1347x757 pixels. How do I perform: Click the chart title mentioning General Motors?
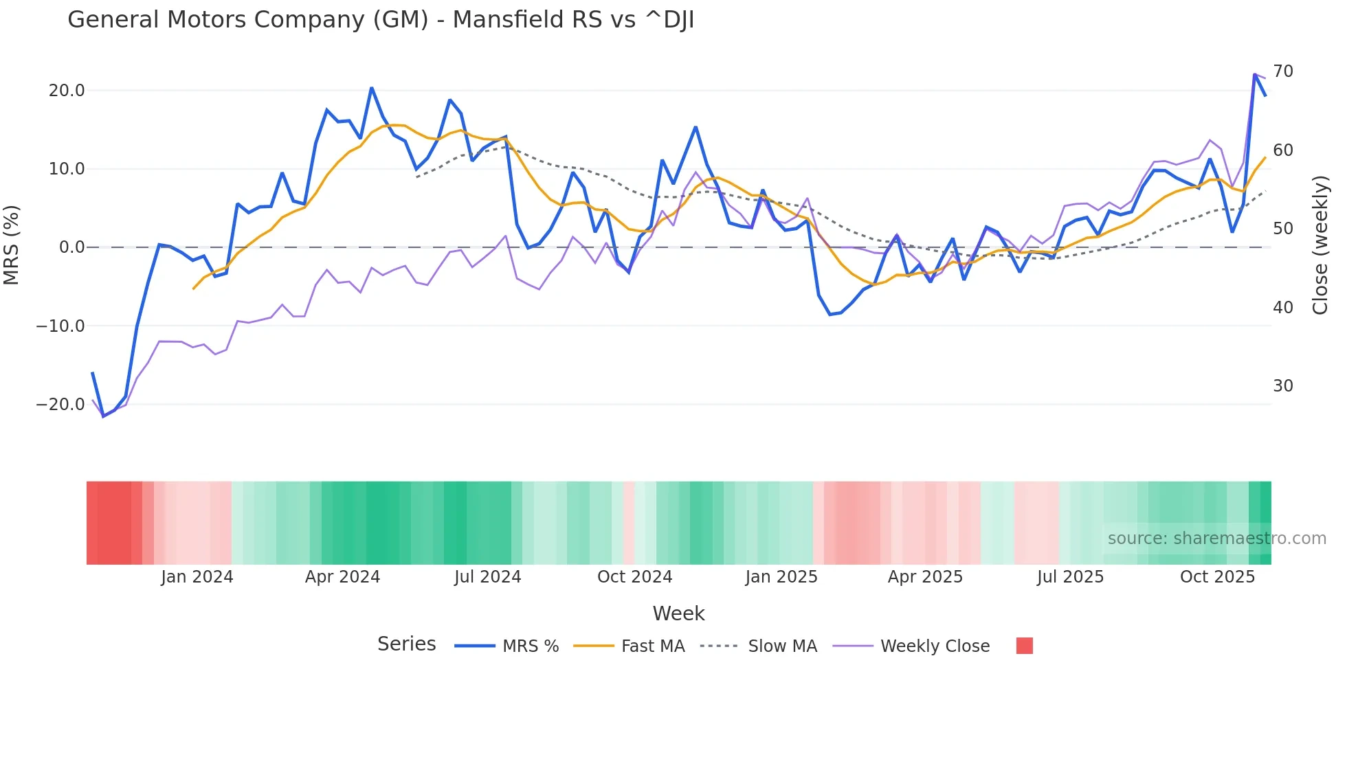pyautogui.click(x=381, y=20)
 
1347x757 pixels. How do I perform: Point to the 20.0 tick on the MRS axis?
pyautogui.click(x=67, y=91)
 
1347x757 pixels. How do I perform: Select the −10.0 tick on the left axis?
pyautogui.click(x=60, y=326)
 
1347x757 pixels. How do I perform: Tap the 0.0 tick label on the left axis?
pyautogui.click(x=71, y=247)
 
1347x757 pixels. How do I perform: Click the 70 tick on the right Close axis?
pyautogui.click(x=1283, y=71)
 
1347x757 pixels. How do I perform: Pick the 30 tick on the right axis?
pyautogui.click(x=1283, y=386)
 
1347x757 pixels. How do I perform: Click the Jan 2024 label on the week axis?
pyautogui.click(x=197, y=577)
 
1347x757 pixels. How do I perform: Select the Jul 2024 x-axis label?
pyautogui.click(x=488, y=577)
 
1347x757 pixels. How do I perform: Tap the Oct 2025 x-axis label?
pyautogui.click(x=1217, y=577)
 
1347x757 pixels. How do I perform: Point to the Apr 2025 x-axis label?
pyautogui.click(x=925, y=577)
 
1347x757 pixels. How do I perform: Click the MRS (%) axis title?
pyautogui.click(x=12, y=245)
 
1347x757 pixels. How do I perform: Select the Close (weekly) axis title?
pyautogui.click(x=1320, y=245)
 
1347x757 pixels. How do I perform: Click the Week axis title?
pyautogui.click(x=678, y=613)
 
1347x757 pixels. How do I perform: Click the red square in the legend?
pyautogui.click(x=1024, y=646)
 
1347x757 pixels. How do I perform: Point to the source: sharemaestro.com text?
pyautogui.click(x=1216, y=539)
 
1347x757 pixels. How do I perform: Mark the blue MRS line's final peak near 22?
pyautogui.click(x=1255, y=74)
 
